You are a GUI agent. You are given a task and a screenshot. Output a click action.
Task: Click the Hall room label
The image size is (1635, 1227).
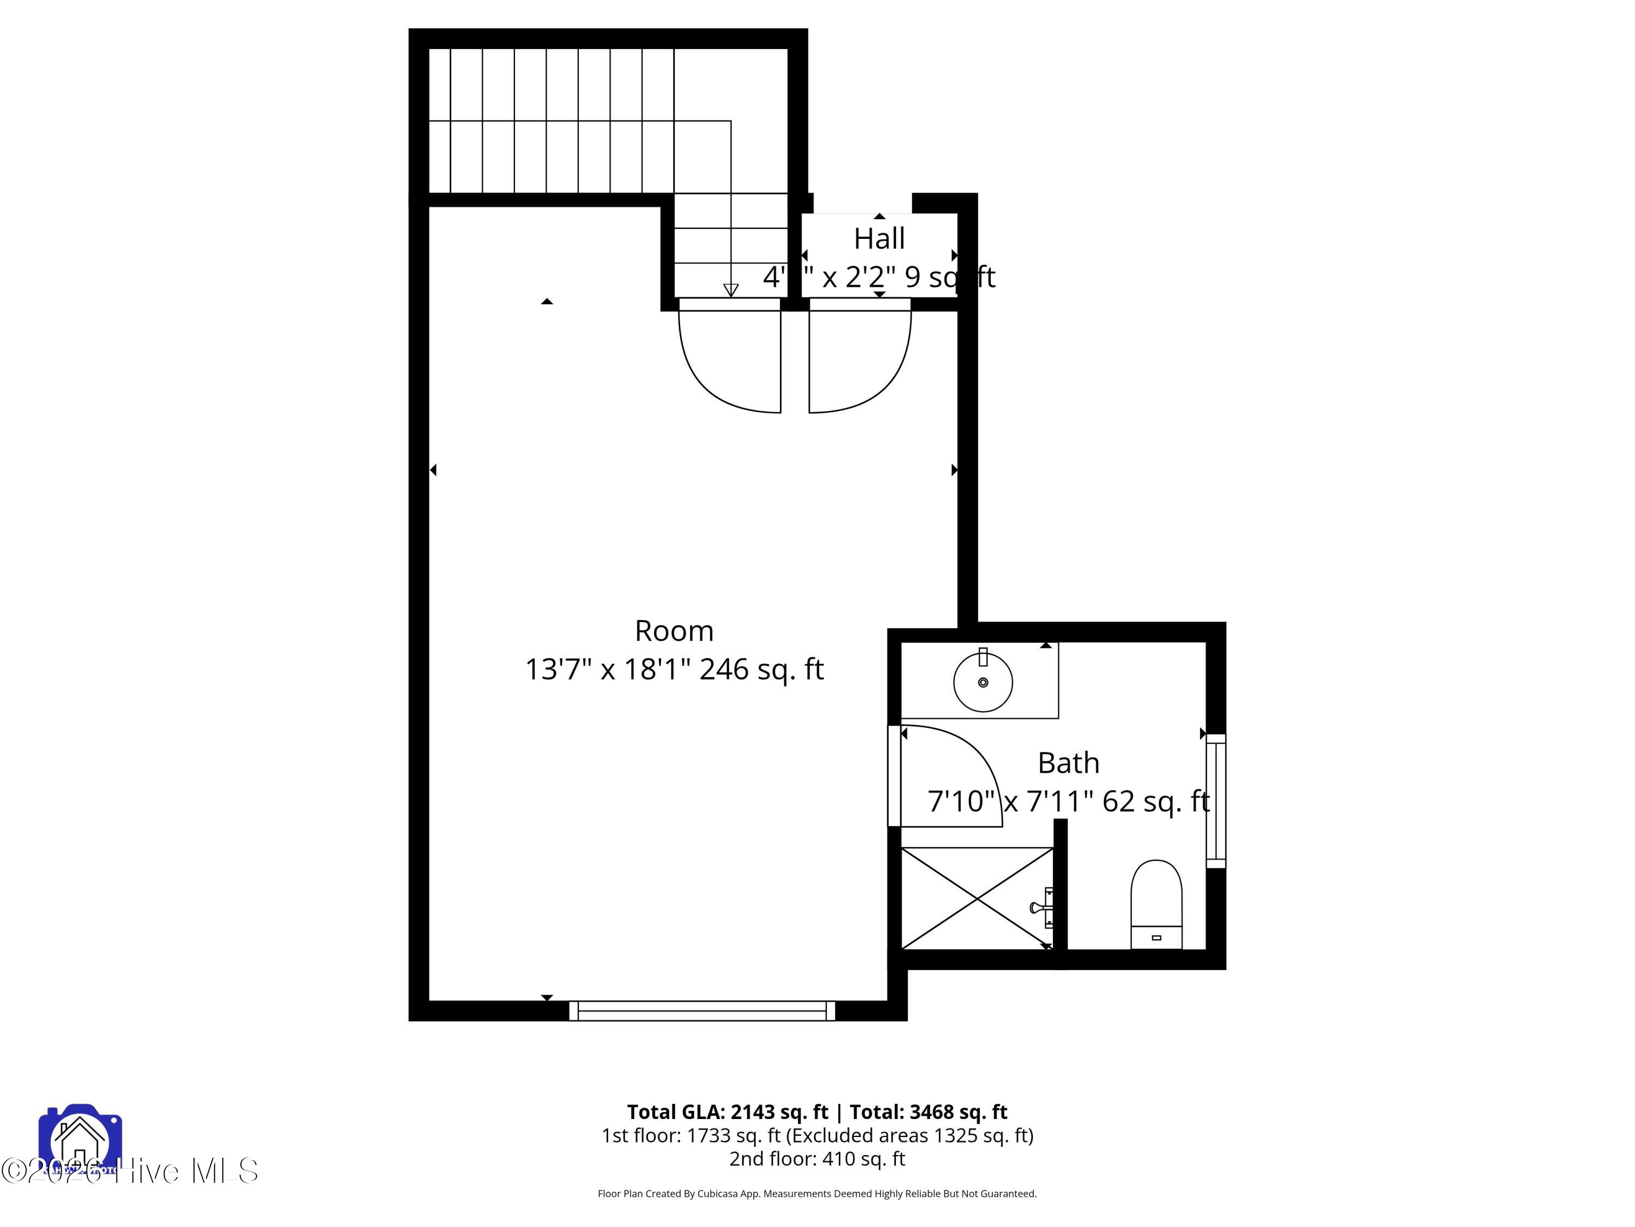coord(879,239)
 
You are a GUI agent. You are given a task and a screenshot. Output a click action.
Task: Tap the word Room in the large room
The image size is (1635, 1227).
coord(674,631)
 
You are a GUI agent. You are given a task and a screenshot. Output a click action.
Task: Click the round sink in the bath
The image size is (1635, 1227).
coord(982,682)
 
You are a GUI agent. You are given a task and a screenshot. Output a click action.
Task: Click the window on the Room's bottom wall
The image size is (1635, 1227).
coord(701,1011)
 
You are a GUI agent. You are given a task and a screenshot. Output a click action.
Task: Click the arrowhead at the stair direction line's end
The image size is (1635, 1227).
coord(730,290)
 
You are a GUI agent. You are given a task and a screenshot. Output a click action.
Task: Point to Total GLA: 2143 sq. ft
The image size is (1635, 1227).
coord(728,1111)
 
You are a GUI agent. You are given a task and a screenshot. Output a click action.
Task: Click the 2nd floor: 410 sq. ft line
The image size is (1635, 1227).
coord(817,1159)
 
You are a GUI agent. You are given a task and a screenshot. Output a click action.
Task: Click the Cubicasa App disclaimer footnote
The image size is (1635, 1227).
coord(817,1194)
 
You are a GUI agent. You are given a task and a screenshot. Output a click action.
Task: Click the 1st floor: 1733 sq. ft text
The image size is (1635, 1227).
coord(691,1135)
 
